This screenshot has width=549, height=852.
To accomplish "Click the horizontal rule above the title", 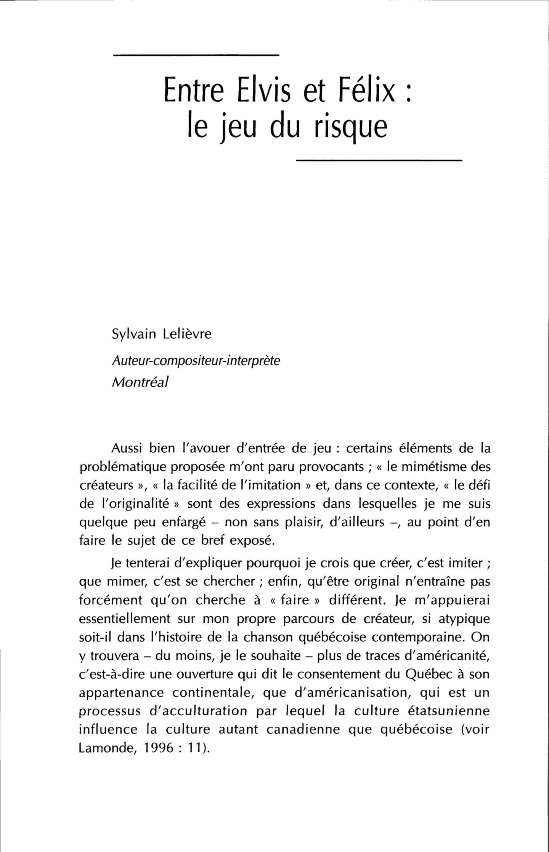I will [196, 56].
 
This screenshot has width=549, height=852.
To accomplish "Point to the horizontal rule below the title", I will [379, 161].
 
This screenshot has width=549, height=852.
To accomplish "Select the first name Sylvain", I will [134, 334].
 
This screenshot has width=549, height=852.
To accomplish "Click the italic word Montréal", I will [140, 382].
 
